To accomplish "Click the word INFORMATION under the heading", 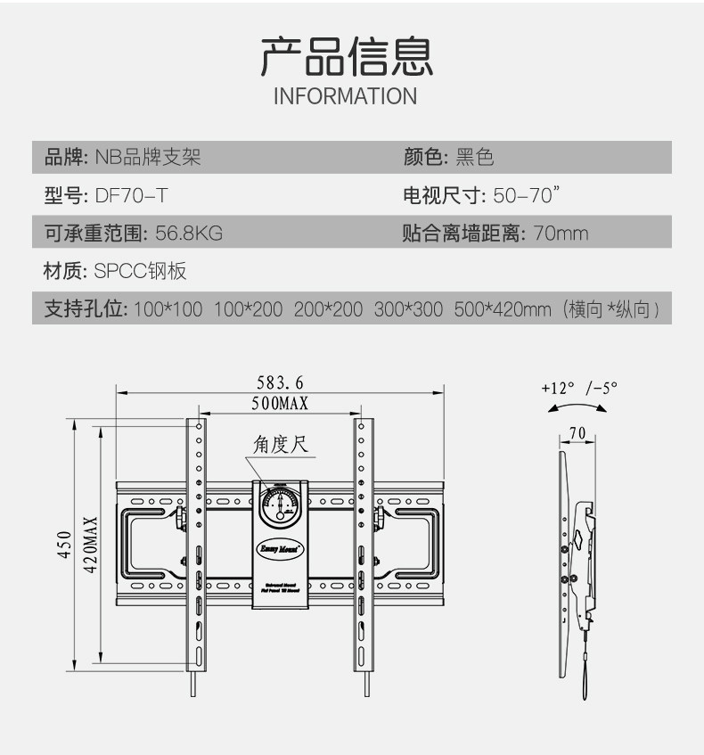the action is (x=345, y=96).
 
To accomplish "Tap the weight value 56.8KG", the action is (x=188, y=234).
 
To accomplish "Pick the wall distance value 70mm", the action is (x=561, y=234).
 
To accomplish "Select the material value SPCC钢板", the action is (x=140, y=271).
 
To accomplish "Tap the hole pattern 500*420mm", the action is (x=503, y=309).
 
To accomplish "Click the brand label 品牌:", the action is (x=65, y=159).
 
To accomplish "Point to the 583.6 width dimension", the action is (x=280, y=382).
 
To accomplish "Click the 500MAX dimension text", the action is (x=279, y=404).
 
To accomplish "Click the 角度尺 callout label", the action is (x=280, y=445).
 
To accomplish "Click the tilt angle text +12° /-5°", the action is (x=579, y=388).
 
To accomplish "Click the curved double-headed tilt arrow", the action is (x=577, y=407).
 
